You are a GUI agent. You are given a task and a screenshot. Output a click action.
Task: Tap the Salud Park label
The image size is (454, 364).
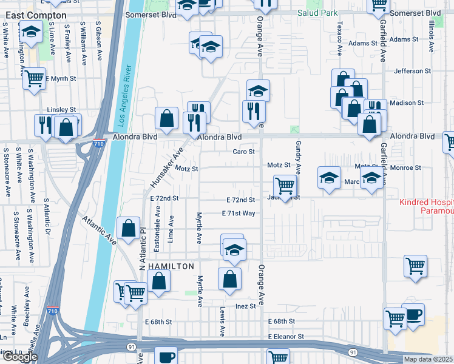tap(317, 13)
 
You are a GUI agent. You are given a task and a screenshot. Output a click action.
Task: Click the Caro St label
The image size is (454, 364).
tap(243, 152)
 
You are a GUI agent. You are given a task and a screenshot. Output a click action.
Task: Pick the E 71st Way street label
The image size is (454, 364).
tap(239, 214)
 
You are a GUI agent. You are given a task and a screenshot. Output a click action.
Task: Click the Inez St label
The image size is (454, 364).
tap(246, 306)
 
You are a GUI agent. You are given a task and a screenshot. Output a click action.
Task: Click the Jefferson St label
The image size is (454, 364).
tap(412, 71)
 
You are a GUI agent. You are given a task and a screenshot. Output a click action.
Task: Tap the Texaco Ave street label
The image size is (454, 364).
tap(338, 38)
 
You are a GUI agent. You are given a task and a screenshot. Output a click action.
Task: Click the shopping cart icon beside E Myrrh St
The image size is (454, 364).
tap(35, 78)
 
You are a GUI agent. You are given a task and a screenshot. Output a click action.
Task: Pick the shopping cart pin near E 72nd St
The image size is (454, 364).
tap(285, 184)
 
